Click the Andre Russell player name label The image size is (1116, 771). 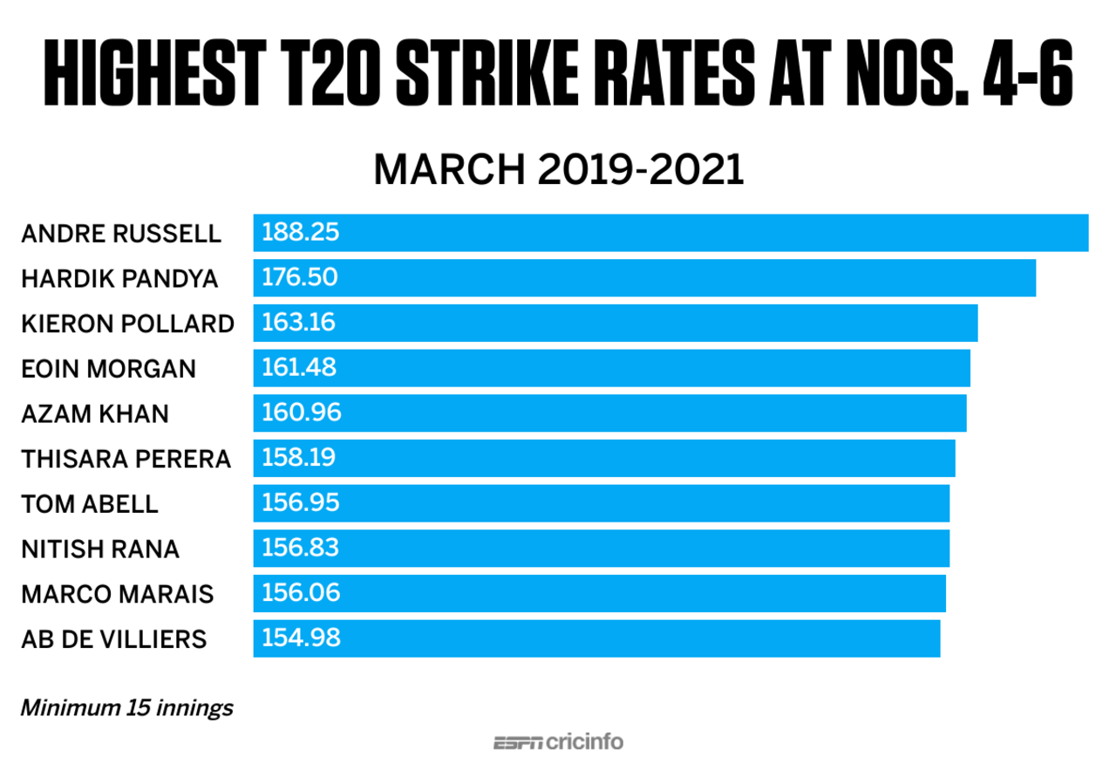pos(120,234)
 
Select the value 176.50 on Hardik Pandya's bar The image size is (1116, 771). pos(300,278)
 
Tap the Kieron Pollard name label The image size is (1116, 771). pos(127,324)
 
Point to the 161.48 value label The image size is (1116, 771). pos(299,368)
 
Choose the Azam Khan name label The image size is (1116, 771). pos(94,413)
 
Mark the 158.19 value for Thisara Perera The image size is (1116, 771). pos(299,458)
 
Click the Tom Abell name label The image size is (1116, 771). pos(89,503)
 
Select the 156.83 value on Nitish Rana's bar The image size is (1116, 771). pos(300,548)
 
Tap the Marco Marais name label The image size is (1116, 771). pos(117,593)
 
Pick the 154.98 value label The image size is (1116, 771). pos(300,638)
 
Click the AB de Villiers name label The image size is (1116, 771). pos(113,638)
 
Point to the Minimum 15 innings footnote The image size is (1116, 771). pos(126,707)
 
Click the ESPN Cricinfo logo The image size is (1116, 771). pos(558,743)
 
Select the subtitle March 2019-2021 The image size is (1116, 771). pos(558,170)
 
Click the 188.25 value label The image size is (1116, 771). pos(300,234)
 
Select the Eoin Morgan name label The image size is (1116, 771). pos(108,369)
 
